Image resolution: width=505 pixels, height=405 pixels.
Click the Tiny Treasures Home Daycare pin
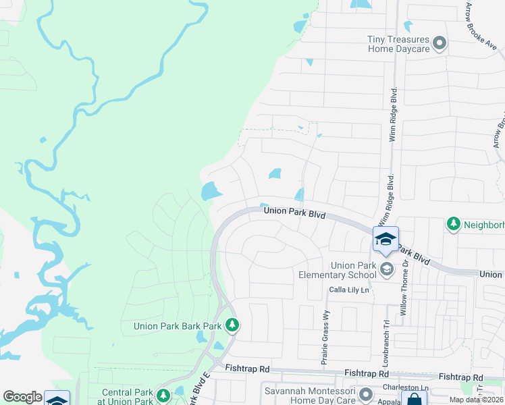pyautogui.click(x=440, y=45)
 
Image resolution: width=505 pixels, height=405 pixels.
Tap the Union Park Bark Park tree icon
pyautogui.click(x=232, y=325)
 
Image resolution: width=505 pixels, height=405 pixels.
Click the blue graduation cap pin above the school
pyautogui.click(x=386, y=240)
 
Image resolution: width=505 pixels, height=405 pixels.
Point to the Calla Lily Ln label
pyautogui.click(x=349, y=290)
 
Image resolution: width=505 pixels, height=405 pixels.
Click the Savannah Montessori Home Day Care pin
pyautogui.click(x=366, y=394)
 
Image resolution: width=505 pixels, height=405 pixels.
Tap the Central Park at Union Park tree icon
pyautogui.click(x=163, y=395)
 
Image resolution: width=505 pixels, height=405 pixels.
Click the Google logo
pyautogui.click(x=22, y=397)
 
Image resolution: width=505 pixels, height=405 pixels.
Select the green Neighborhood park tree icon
pyautogui.click(x=454, y=223)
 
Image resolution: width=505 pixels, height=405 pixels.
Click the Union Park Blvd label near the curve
pyautogui.click(x=294, y=212)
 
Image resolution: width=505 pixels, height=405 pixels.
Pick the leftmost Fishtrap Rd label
pyautogui.click(x=248, y=369)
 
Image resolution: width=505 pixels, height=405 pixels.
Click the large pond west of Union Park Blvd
pyautogui.click(x=210, y=192)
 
